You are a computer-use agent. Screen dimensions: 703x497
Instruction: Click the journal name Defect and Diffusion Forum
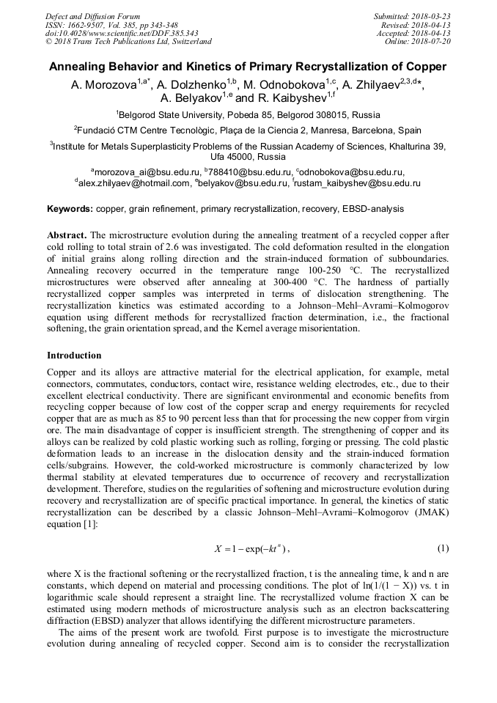(x=92, y=16)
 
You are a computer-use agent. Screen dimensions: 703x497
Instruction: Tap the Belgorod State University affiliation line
(x=248, y=115)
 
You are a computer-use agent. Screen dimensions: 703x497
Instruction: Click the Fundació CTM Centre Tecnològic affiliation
(x=248, y=130)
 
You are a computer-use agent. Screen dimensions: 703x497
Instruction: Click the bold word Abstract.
(x=67, y=235)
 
